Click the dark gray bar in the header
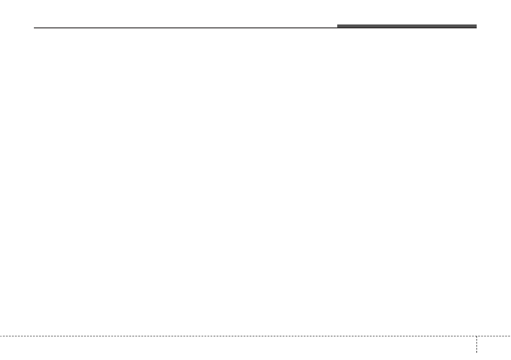click(x=406, y=26)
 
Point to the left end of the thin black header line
click(x=34, y=28)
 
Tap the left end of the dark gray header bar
click(x=338, y=26)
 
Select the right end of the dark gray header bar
click(x=476, y=26)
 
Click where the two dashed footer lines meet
click(x=477, y=336)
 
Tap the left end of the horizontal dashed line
click(x=0, y=336)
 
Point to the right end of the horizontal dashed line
click(x=510, y=336)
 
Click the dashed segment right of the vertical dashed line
click(x=493, y=336)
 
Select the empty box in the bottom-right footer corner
click(x=494, y=348)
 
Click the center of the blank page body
click(x=255, y=180)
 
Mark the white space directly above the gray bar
click(x=406, y=13)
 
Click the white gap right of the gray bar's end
click(x=493, y=26)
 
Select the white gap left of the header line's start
click(x=17, y=28)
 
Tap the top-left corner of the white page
click(x=1, y=1)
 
